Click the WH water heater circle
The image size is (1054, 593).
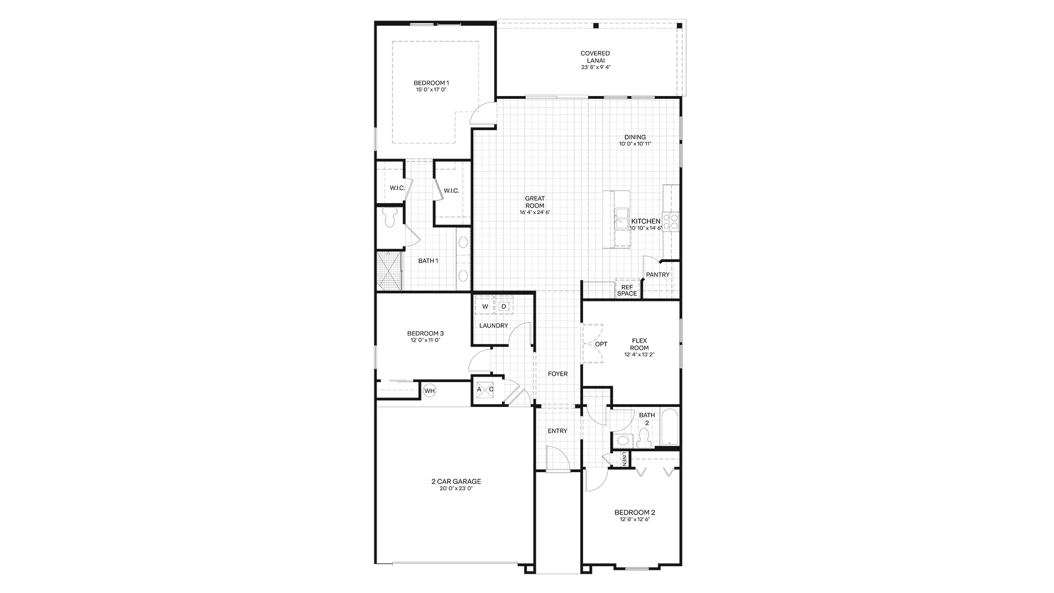(429, 391)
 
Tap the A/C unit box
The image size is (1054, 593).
(485, 389)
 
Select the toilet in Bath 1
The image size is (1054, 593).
(390, 217)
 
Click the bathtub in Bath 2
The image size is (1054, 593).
(670, 427)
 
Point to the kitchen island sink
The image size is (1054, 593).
(622, 219)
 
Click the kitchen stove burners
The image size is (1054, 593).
(670, 221)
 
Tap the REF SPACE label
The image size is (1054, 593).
(627, 290)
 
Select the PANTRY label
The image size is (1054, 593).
(658, 275)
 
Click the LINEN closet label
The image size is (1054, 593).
(624, 460)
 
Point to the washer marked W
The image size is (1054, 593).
(485, 306)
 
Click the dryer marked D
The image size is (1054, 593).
(504, 306)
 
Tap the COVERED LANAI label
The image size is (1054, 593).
(595, 57)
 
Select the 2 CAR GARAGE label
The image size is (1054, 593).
(456, 482)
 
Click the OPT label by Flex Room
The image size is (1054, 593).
(601, 344)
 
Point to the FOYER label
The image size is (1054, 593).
(558, 374)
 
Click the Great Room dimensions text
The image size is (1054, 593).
(535, 212)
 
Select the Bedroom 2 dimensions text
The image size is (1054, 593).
(635, 519)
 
